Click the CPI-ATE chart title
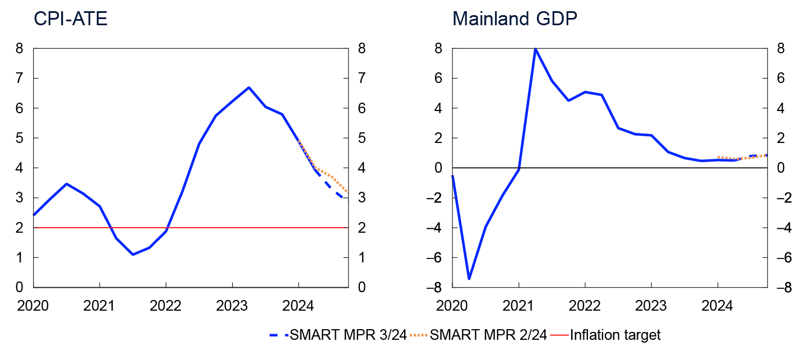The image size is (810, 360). [70, 19]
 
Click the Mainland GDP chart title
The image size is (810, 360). [515, 19]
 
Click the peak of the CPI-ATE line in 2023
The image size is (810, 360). [249, 87]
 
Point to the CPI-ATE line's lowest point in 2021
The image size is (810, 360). [133, 255]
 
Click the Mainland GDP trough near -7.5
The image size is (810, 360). [469, 279]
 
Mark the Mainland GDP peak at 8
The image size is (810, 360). [535, 49]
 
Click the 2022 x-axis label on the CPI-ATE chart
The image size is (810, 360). [166, 306]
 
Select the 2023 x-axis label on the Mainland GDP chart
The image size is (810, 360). [651, 306]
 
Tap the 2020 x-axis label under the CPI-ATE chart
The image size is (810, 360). [34, 306]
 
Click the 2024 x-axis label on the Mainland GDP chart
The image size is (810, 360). [718, 306]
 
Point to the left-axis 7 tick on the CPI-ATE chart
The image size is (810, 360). [20, 79]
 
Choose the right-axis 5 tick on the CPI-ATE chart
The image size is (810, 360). [362, 138]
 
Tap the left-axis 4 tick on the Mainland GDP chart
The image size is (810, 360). [439, 108]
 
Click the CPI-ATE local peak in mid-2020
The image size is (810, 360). [67, 183]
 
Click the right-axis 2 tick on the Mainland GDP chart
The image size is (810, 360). [781, 138]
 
